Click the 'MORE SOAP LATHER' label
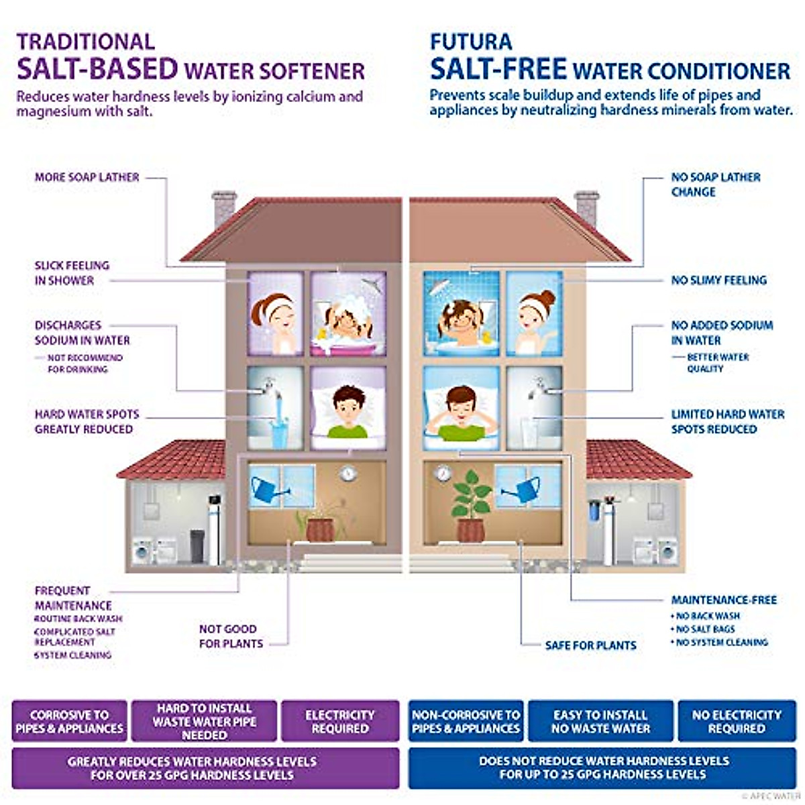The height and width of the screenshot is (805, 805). pyautogui.click(x=87, y=177)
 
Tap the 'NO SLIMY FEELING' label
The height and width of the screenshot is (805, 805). pyautogui.click(x=718, y=280)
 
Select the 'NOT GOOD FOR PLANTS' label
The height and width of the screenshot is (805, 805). pyautogui.click(x=230, y=636)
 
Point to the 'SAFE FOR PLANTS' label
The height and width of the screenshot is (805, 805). pyautogui.click(x=590, y=645)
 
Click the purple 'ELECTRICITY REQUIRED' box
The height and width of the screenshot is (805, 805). pyautogui.click(x=340, y=721)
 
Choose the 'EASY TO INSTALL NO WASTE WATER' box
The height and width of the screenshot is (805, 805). pyautogui.click(x=600, y=721)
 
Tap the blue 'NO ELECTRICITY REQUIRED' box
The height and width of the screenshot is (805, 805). pyautogui.click(x=737, y=721)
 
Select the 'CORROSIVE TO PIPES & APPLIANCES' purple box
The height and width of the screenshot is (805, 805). pyautogui.click(x=70, y=721)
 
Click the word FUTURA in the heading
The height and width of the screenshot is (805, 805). pyautogui.click(x=470, y=42)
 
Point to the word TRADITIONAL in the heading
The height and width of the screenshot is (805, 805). pyautogui.click(x=86, y=42)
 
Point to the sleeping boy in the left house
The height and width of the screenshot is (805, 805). pyautogui.click(x=350, y=413)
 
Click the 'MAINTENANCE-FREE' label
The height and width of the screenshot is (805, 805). pyautogui.click(x=724, y=600)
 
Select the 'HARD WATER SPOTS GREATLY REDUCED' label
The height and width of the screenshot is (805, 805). pyautogui.click(x=87, y=421)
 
